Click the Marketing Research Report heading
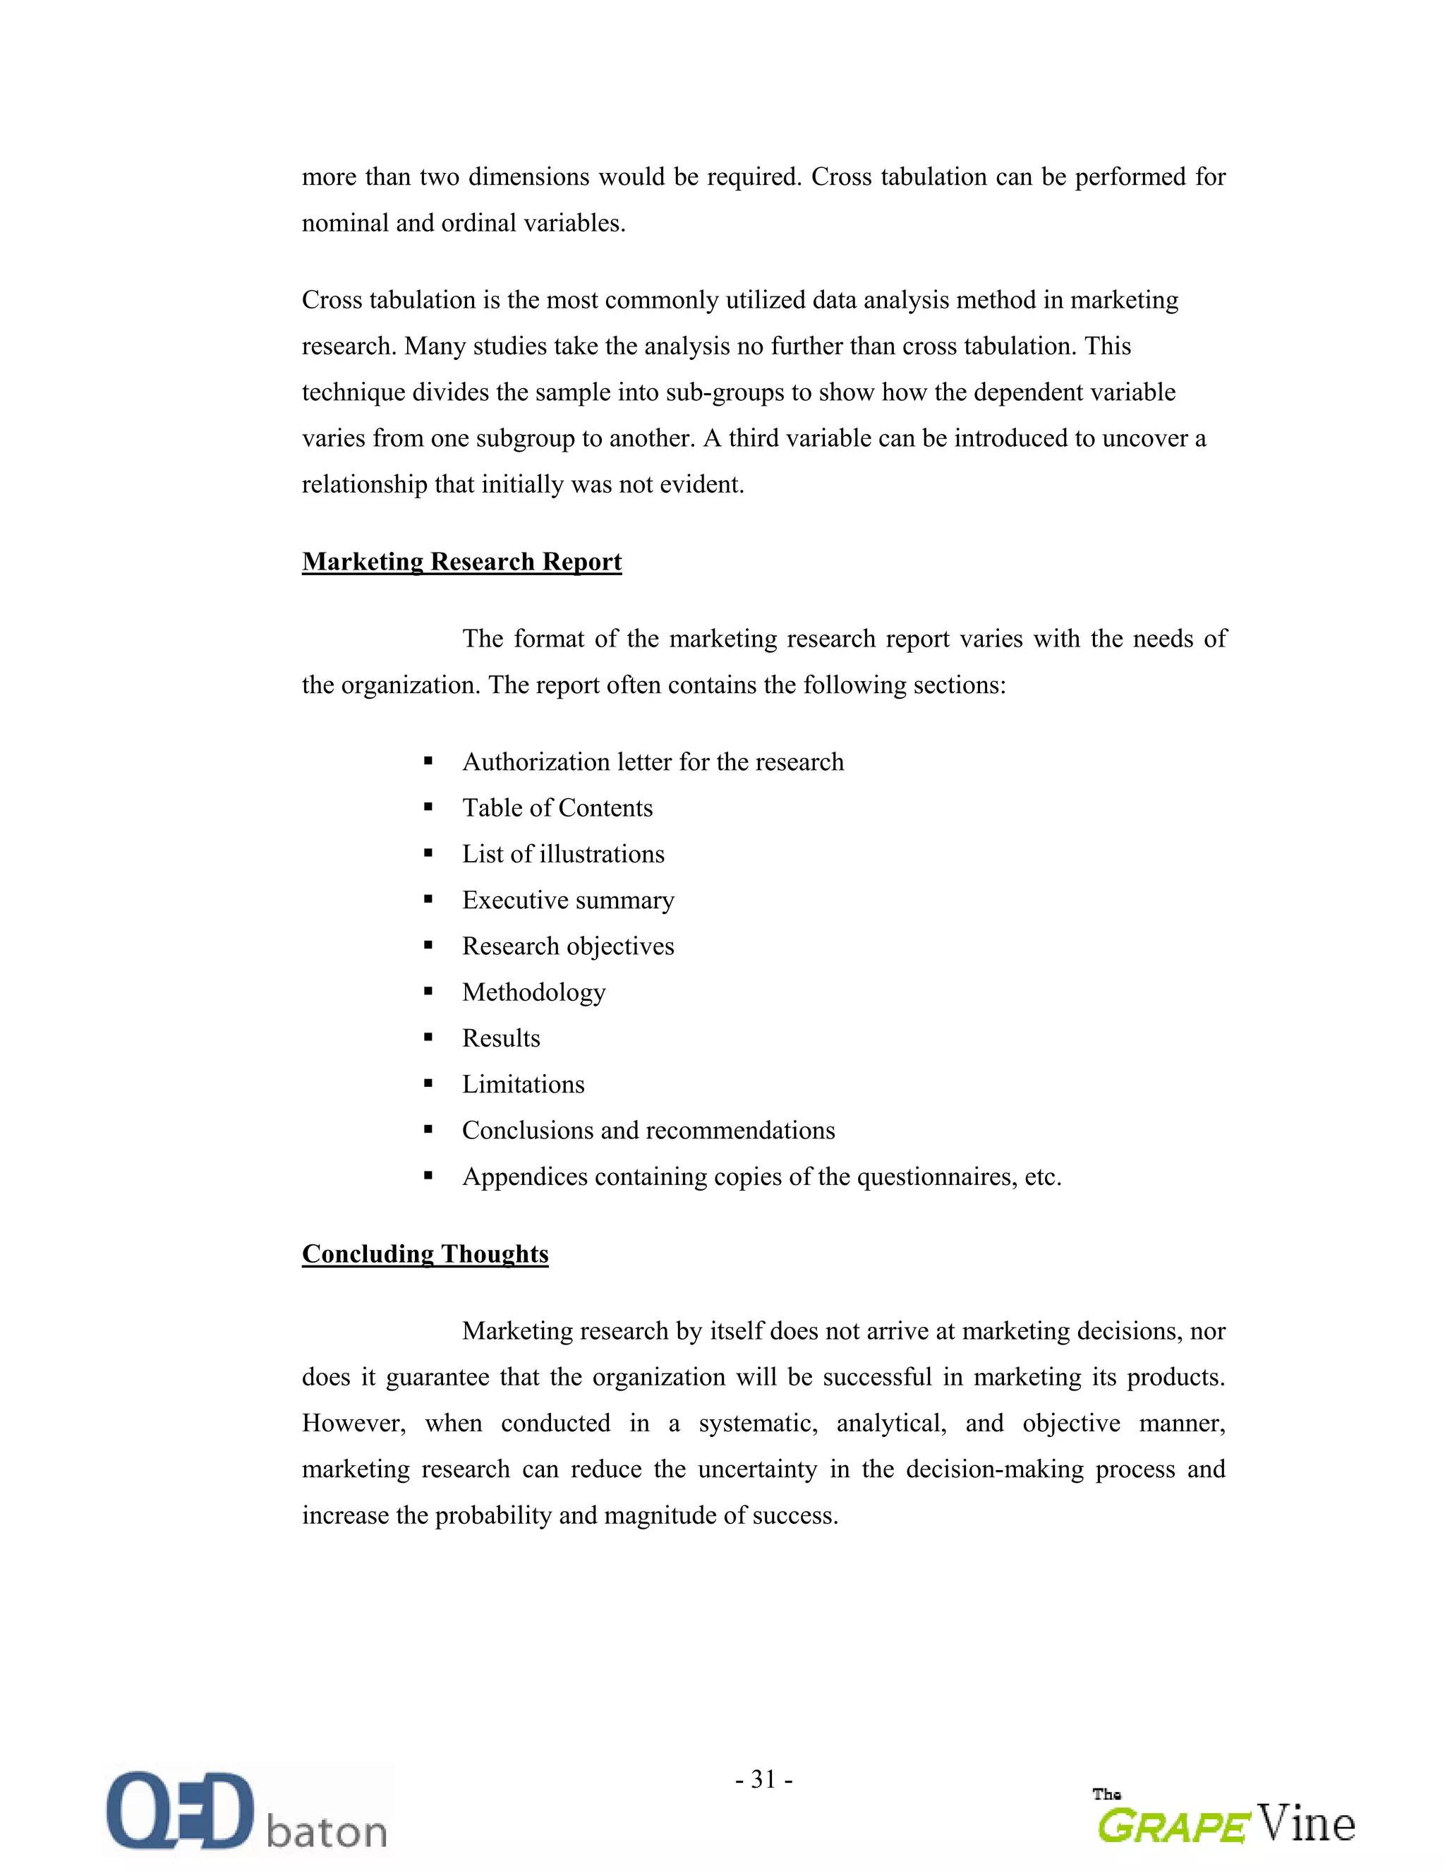[461, 561]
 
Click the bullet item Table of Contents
[557, 808]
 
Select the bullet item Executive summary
[568, 900]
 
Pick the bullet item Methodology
[533, 992]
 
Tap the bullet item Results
[501, 1038]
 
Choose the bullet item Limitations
[523, 1085]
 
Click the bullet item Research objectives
[568, 946]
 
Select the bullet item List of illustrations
[563, 854]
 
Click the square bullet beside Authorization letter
[428, 762]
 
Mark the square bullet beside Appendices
[428, 1177]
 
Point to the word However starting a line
[353, 1423]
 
